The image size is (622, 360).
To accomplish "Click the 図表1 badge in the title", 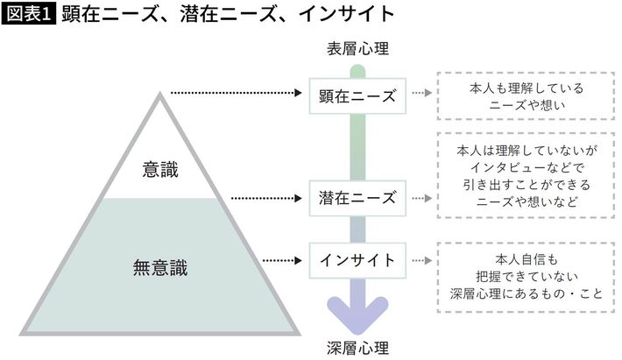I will click(x=29, y=15).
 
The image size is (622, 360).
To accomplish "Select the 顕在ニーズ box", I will click(x=357, y=94).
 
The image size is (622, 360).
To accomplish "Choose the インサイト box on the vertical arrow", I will click(x=357, y=259).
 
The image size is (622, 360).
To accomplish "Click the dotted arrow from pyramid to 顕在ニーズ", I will click(x=237, y=91).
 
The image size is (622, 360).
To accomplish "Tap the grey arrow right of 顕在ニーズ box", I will click(x=422, y=94).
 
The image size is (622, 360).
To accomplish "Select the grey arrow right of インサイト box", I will click(x=422, y=259).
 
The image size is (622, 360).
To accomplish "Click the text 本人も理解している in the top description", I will click(x=525, y=88).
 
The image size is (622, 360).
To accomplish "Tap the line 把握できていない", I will click(x=525, y=276).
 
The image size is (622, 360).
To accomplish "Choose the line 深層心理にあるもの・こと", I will click(x=525, y=294).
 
